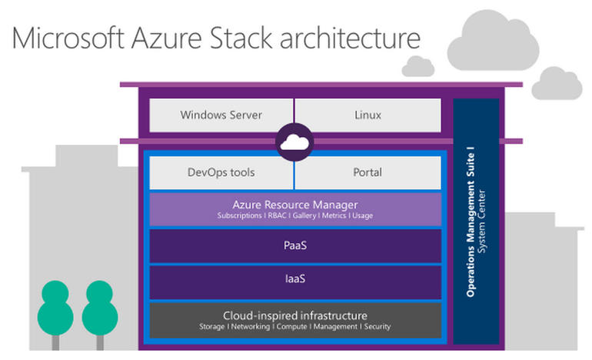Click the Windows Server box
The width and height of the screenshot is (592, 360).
click(221, 115)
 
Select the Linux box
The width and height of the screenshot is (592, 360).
click(368, 115)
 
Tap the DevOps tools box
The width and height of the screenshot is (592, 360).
click(221, 172)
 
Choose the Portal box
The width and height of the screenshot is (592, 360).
click(368, 172)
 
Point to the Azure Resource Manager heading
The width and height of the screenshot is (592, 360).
click(294, 205)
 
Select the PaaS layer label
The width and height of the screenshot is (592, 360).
click(294, 245)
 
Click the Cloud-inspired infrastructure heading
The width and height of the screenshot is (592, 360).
click(294, 315)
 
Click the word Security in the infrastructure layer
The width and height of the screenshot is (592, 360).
click(377, 327)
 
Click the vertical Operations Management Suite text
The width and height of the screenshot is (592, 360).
click(471, 223)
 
